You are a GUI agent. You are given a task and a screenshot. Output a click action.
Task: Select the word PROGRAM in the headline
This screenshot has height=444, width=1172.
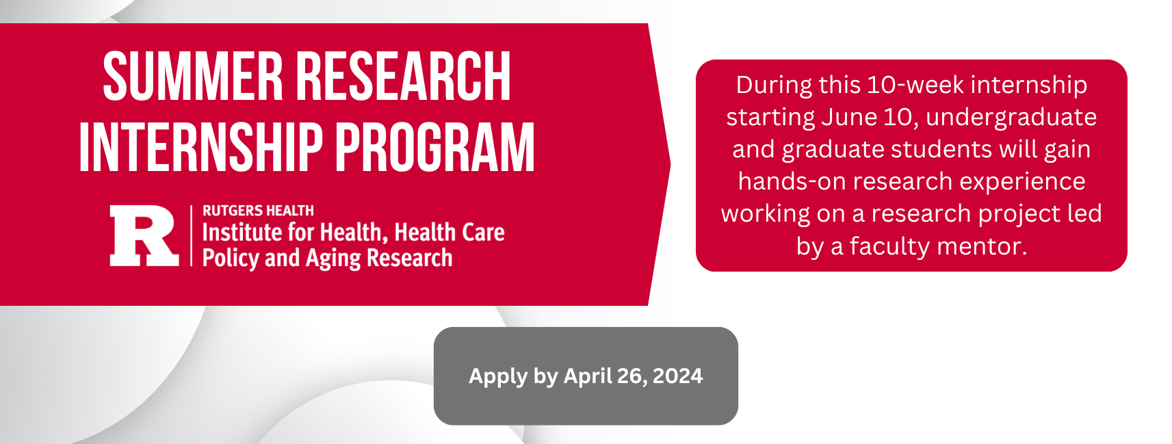[x=434, y=147]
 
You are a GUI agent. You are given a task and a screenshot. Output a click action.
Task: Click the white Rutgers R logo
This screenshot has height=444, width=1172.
[x=144, y=235]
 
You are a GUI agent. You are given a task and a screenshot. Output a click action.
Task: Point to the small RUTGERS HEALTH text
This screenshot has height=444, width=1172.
[x=258, y=211]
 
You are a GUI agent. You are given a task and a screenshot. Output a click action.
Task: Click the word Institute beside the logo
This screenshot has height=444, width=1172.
[x=239, y=232]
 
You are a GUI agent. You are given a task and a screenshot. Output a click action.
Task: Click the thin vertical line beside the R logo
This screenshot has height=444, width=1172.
[x=191, y=235]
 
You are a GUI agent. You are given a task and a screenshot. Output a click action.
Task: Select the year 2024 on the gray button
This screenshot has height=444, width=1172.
[x=677, y=376]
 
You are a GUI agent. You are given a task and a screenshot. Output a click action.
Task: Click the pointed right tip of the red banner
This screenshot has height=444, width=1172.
[x=670, y=164]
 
